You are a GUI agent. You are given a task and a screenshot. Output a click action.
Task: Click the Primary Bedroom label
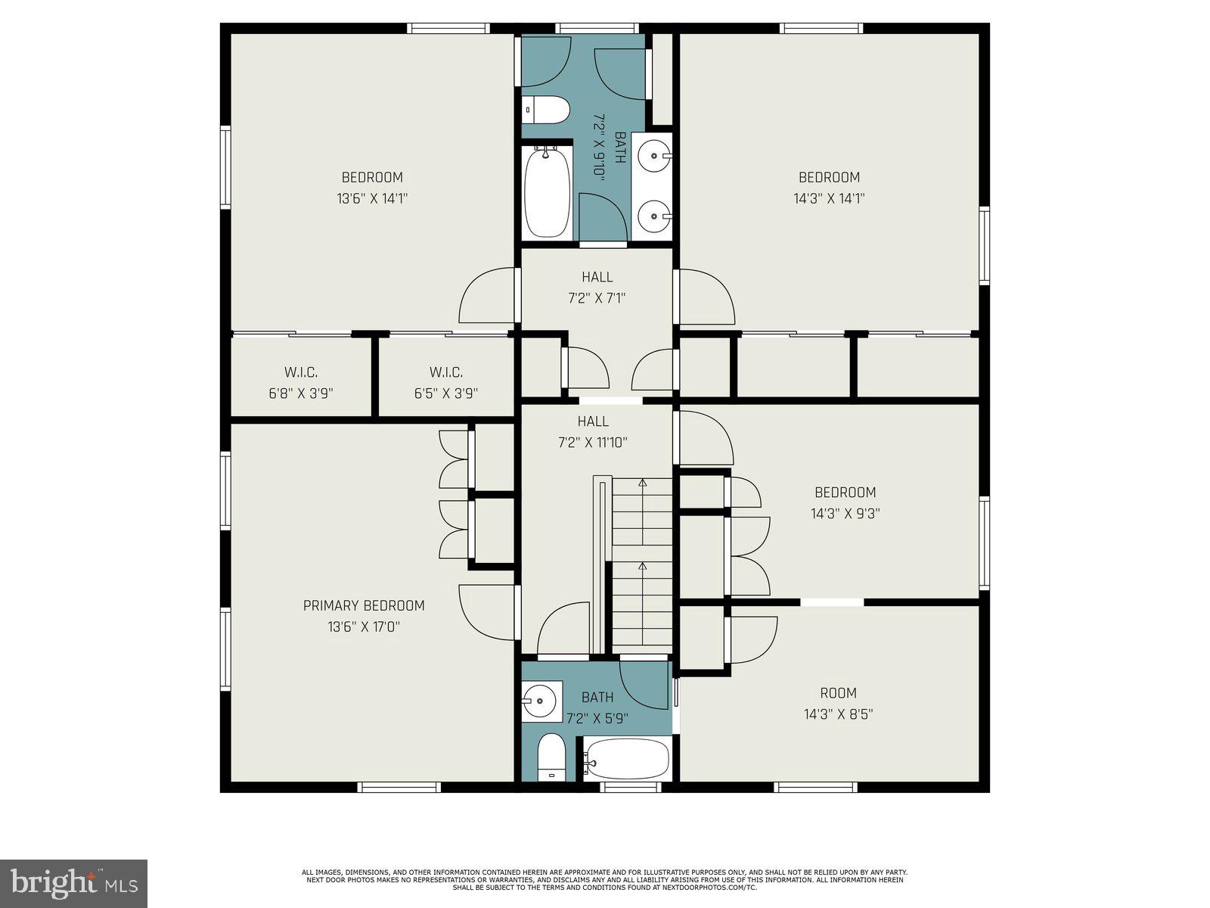pyautogui.click(x=364, y=605)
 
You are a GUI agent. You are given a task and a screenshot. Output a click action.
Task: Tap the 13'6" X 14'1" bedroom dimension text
pyautogui.click(x=372, y=198)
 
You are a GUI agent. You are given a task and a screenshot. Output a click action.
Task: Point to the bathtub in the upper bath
pyautogui.click(x=548, y=191)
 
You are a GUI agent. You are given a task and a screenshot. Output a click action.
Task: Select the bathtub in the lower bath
pyautogui.click(x=627, y=759)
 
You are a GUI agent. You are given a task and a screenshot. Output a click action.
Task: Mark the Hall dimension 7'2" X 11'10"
pyautogui.click(x=593, y=443)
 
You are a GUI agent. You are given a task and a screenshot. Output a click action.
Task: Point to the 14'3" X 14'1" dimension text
pyautogui.click(x=829, y=198)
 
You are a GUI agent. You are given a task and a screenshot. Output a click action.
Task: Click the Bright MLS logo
pyautogui.click(x=73, y=884)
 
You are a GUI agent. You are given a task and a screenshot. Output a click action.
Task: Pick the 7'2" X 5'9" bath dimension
pyautogui.click(x=597, y=718)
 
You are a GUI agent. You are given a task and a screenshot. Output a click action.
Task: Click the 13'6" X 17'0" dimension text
pyautogui.click(x=364, y=627)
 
